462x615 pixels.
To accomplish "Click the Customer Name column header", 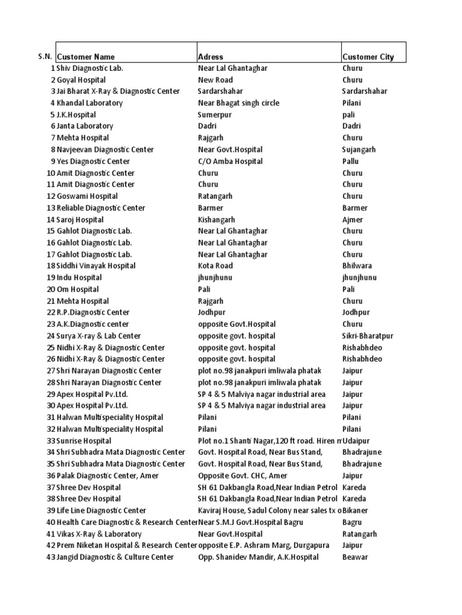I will (x=86, y=57).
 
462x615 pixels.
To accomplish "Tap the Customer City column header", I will (x=368, y=57).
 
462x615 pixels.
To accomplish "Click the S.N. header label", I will (x=45, y=56).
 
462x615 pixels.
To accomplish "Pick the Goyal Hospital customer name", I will (x=82, y=80).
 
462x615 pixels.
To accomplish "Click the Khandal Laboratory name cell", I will (x=90, y=103).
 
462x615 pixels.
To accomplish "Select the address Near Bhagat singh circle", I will (x=239, y=103).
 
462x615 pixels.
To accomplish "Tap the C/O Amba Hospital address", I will (x=230, y=162).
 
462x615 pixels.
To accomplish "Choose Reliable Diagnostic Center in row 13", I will (x=101, y=208).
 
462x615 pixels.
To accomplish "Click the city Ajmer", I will (x=353, y=220).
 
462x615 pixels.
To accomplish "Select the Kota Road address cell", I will (x=215, y=266).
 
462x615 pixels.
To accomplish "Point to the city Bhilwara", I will (x=357, y=266).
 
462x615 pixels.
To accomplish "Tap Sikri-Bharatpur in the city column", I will (x=367, y=336).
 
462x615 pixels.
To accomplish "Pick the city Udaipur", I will (x=356, y=441).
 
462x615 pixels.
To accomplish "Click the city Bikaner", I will (x=356, y=510).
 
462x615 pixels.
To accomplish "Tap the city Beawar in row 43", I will (x=355, y=557).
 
